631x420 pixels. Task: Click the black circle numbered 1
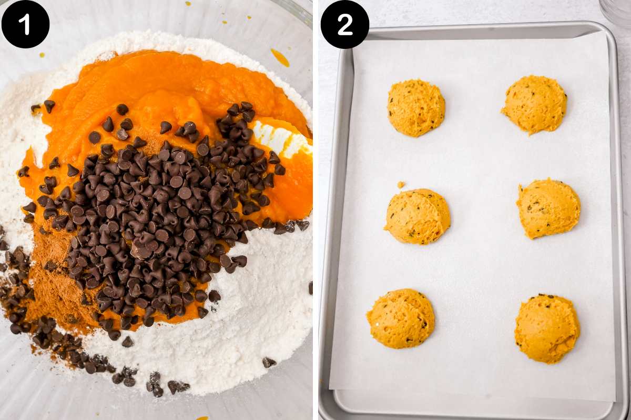(x=25, y=24)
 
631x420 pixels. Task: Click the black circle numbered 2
(x=344, y=24)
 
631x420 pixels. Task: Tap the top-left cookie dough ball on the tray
(x=416, y=108)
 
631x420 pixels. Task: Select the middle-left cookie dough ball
(x=418, y=216)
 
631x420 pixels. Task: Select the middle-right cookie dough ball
(x=548, y=208)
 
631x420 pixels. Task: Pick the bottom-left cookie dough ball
(x=401, y=318)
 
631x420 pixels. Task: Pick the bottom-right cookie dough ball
(x=547, y=328)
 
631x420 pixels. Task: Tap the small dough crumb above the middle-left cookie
(x=401, y=185)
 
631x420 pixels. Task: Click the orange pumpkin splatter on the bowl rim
(x=280, y=57)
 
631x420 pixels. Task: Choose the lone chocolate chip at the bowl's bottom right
(x=269, y=362)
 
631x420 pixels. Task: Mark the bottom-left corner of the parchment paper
(x=331, y=388)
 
